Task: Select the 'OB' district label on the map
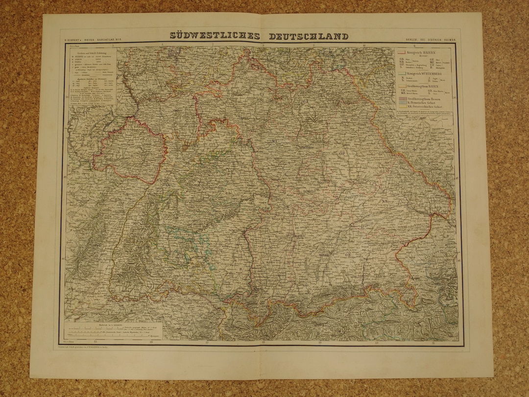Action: point(348,254)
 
